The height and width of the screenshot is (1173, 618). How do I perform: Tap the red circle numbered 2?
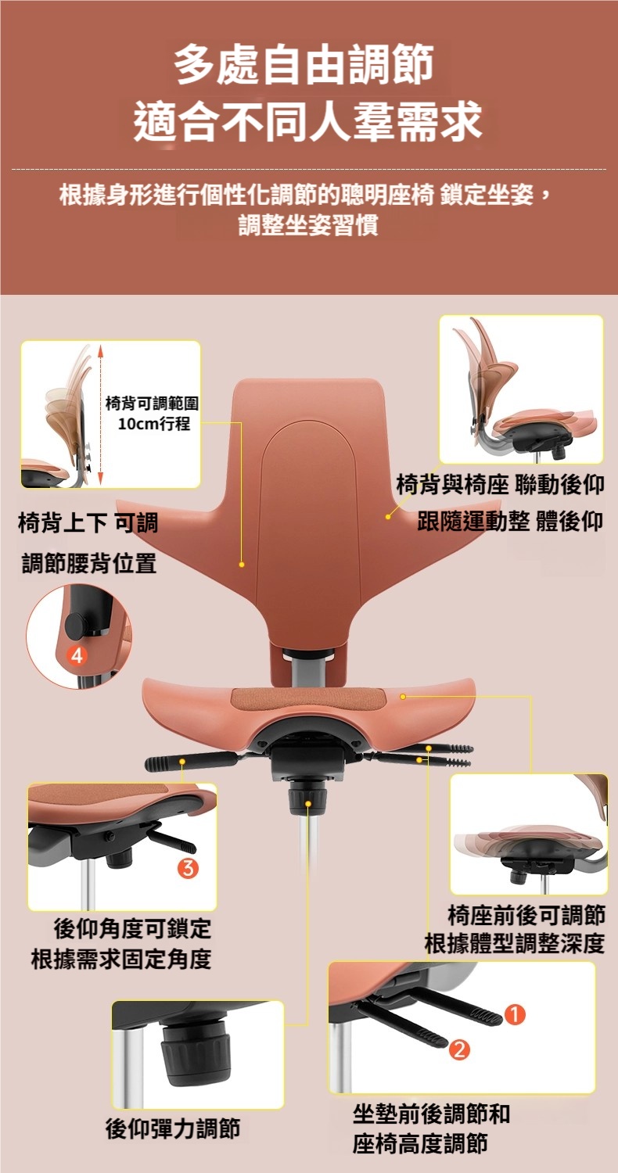point(458,1049)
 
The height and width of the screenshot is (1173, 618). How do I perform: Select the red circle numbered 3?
point(189,868)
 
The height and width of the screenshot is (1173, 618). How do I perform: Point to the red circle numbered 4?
point(77,655)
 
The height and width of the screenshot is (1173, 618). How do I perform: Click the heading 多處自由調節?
point(304,65)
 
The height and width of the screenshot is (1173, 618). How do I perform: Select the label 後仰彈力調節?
point(173,1128)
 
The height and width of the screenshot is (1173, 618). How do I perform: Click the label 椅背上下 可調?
point(88,522)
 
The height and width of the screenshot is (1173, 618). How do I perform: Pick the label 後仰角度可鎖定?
point(132,928)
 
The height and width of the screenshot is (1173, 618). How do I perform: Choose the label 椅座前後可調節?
point(526,914)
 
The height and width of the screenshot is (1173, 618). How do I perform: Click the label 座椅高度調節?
point(420,1143)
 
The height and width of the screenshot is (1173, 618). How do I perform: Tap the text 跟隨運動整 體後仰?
point(510,521)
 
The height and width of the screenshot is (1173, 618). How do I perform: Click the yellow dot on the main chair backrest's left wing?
point(242,565)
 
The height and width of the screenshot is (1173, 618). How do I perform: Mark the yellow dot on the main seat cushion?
point(403,697)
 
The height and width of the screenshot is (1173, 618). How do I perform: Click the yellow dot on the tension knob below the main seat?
point(308,803)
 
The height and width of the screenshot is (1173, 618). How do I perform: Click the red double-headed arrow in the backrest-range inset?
point(101,414)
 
